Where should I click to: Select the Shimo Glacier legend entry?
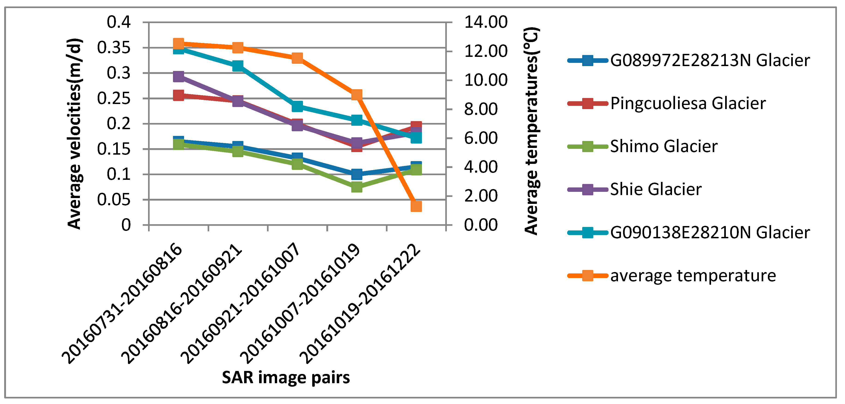[663, 146]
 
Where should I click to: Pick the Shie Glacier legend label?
[655, 189]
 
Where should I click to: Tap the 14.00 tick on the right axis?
[485, 22]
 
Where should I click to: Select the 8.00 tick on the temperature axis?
[481, 109]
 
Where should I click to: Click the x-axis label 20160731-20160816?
[122, 303]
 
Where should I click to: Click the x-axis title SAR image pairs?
[286, 377]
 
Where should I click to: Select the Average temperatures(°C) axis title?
[531, 131]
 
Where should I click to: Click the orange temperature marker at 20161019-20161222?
[416, 206]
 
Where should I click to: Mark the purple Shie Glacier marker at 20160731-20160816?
[178, 77]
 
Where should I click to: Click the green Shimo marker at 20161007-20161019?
[357, 187]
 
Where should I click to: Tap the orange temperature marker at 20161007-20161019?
[357, 95]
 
